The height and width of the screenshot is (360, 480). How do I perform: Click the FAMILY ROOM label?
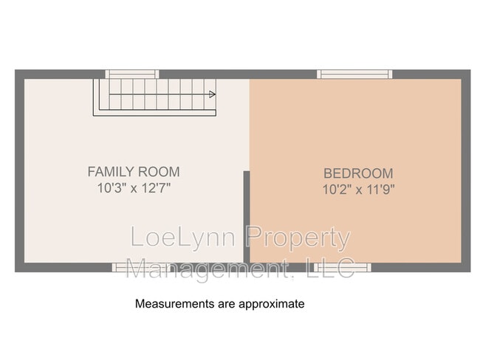pos(134,172)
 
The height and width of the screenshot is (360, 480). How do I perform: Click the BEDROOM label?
pos(358,173)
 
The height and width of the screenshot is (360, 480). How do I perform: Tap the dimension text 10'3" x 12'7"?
pos(134,187)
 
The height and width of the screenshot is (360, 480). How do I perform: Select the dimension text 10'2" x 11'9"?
pos(358,190)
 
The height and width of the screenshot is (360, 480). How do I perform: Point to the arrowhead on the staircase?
pos(212,94)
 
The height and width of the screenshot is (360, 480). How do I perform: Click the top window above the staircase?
pos(132,74)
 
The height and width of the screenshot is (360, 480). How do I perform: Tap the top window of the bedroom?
pos(354,74)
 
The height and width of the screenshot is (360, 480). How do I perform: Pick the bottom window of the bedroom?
pos(343,267)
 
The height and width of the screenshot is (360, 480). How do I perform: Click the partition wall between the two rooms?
pos(247,217)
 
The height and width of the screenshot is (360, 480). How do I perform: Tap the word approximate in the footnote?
pos(272,305)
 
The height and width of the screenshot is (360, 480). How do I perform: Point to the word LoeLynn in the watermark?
pos(183,237)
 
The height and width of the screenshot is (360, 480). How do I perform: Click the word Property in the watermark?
pos(298,238)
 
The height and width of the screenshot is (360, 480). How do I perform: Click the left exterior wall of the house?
pos(20,170)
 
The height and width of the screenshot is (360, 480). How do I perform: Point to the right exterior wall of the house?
pos(466,170)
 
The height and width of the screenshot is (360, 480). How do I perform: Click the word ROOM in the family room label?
pos(159,172)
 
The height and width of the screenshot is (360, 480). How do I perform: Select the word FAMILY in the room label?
pos(111,172)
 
